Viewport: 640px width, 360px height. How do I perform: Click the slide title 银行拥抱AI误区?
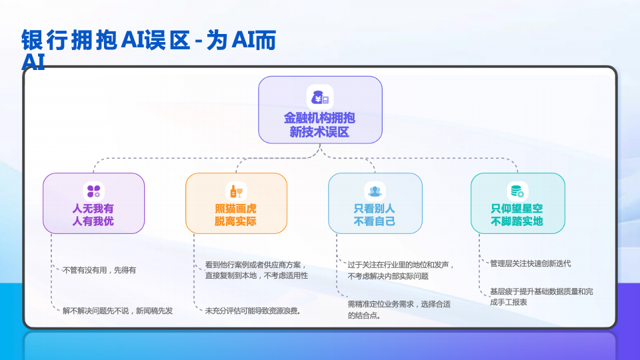pos(106,40)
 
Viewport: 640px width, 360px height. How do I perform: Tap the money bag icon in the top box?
pos(320,98)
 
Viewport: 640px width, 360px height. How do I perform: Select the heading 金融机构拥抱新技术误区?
pos(319,125)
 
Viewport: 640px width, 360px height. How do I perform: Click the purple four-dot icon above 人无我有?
pos(93,191)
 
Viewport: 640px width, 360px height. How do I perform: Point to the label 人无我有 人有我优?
pos(93,215)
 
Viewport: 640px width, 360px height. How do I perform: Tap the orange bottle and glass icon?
pos(236,191)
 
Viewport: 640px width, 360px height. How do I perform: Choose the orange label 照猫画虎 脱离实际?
pos(235,215)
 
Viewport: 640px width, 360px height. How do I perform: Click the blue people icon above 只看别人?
pos(375,191)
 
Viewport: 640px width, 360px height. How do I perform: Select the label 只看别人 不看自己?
pos(374,215)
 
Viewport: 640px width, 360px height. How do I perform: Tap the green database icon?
pos(517,191)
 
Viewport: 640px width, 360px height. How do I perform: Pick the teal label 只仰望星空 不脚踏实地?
pos(517,215)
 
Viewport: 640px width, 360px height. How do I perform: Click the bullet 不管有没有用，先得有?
pos(99,270)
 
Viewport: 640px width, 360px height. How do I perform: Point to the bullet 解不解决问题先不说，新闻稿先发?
pos(117,311)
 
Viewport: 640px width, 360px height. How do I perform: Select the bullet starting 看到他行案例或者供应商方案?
pos(256,270)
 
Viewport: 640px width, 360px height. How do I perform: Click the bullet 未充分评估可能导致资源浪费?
pos(253,311)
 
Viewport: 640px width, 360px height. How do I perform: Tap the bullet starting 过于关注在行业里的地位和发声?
pos(401,270)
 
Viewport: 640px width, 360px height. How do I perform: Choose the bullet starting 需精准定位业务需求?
pos(399,309)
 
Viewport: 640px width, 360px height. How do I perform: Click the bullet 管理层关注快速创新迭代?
pos(530,264)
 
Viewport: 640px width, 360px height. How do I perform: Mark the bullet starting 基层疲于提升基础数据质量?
pos(541,297)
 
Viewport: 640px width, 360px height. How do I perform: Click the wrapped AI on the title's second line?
pos(33,62)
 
